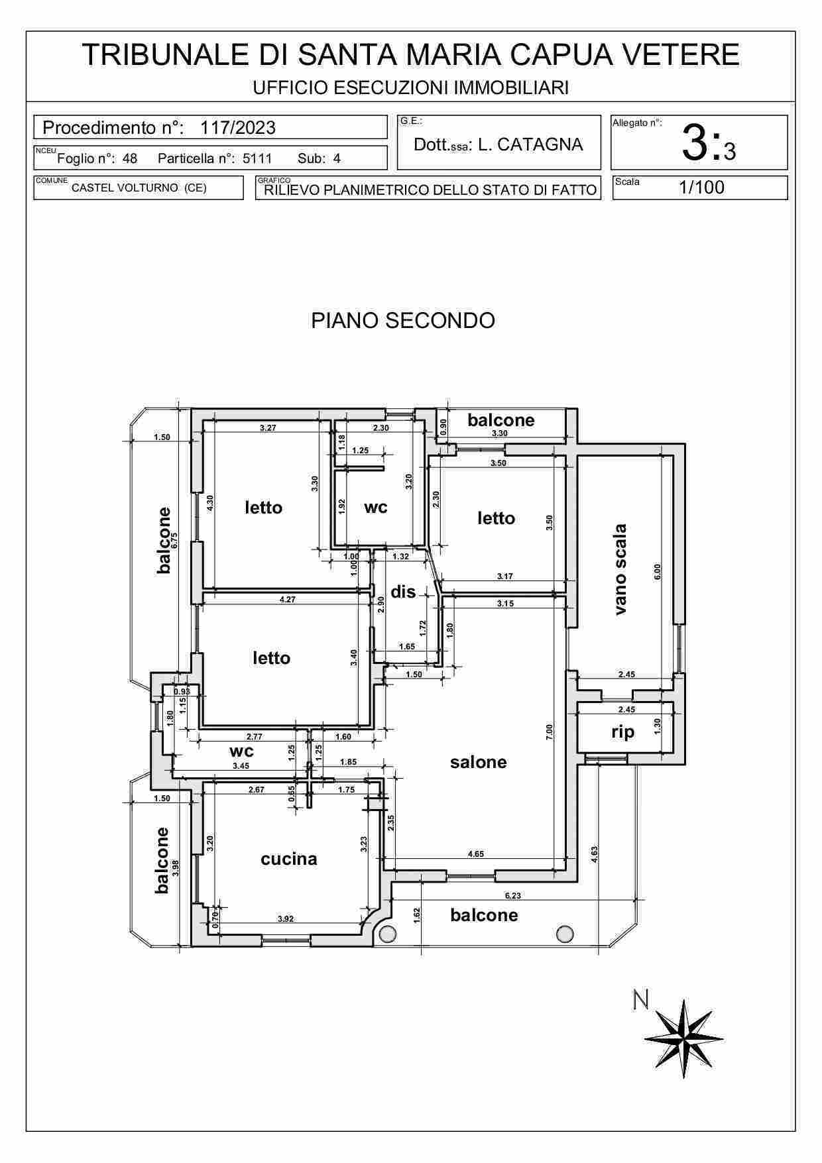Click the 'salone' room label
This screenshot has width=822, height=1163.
point(478,762)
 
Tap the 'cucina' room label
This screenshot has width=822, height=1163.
point(288,859)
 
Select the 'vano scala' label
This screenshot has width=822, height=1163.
point(620,569)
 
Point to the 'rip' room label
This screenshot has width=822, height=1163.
point(622,732)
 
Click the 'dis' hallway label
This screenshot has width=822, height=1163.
point(403,592)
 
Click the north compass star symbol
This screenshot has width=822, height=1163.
point(684,1038)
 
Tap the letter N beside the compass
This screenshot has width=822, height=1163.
point(640,1000)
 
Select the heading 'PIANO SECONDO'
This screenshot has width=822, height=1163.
point(403,321)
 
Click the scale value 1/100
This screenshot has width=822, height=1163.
point(701,188)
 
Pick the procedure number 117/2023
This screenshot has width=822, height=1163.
point(238,127)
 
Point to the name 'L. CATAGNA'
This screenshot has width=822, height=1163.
point(530,144)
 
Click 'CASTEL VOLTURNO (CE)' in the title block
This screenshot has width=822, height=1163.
point(139,188)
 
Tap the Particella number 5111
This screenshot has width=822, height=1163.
point(257,159)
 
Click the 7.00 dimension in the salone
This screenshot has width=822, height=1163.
point(549,732)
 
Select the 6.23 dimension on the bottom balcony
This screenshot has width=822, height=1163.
point(512,895)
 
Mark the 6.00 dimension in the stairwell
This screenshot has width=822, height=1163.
point(658,571)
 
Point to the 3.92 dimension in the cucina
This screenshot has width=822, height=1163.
point(286,918)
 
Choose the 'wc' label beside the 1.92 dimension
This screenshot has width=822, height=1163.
point(376,508)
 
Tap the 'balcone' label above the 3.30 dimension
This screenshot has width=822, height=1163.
point(500,420)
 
